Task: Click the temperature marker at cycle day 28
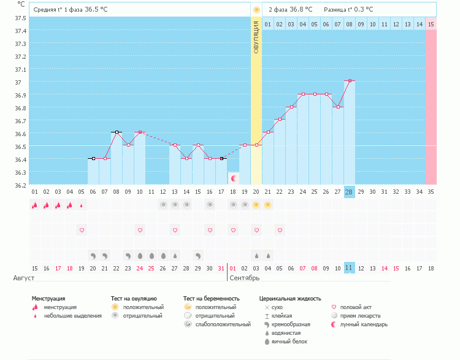coord(350,80)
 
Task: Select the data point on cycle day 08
coord(117,132)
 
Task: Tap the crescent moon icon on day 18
coord(234,178)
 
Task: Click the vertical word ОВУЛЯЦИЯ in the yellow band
coord(256,37)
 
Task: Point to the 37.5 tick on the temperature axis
coord(20,18)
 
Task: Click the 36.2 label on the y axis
coord(20,185)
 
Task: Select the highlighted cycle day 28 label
coord(349,192)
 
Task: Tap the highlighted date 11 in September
coord(349,267)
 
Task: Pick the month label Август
coord(24,278)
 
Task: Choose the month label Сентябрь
coord(244,278)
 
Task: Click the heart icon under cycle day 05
coord(82,231)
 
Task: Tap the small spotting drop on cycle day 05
coord(81,205)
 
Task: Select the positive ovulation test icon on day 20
coord(256,205)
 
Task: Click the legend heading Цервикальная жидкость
coord(290,299)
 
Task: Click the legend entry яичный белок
coord(289,342)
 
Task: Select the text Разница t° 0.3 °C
coord(348,9)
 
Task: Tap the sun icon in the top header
coord(256,10)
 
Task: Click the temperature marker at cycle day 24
coord(303,94)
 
